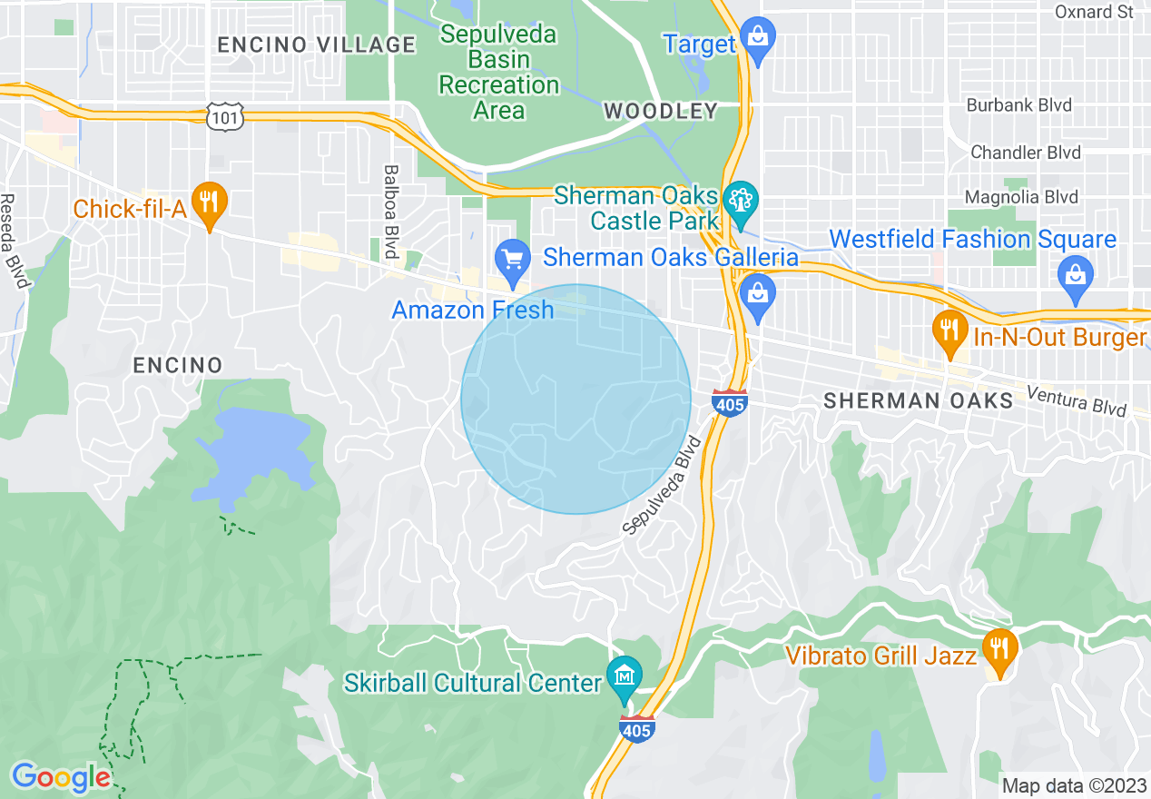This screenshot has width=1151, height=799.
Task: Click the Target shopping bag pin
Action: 756,38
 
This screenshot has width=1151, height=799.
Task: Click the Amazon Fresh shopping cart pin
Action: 513,260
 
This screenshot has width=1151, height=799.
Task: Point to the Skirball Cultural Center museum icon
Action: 625,676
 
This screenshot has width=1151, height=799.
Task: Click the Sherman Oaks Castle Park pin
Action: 742,201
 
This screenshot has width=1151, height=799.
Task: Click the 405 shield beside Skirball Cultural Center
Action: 638,728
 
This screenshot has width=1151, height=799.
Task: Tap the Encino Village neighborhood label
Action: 317,44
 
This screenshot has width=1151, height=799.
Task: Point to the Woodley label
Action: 660,112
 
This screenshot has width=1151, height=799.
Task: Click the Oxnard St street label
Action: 1095,12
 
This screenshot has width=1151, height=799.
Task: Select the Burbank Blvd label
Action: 1018,105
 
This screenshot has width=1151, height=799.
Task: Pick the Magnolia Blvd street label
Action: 1021,197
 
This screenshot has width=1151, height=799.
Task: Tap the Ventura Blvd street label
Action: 1077,400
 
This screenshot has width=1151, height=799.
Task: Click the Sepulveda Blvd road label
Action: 664,486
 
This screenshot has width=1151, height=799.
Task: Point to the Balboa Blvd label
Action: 391,211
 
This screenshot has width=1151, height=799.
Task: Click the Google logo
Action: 61,777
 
